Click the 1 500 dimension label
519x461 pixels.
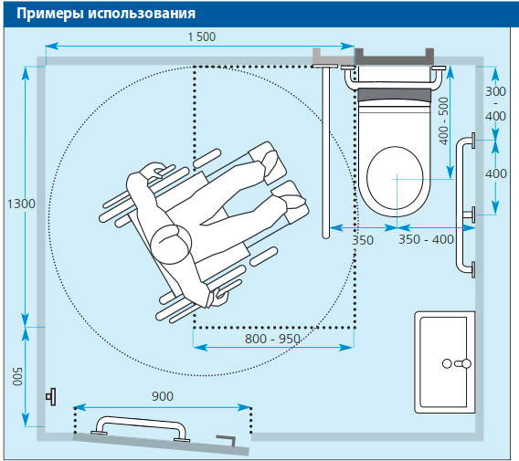point(202,37)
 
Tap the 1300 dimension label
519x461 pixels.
point(21,204)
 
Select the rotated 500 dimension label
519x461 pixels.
point(17,376)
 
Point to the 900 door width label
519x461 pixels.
point(163,396)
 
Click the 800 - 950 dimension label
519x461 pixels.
point(272,339)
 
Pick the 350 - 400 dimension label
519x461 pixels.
point(426,239)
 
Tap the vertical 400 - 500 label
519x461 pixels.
point(444,120)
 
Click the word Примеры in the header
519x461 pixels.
point(50,14)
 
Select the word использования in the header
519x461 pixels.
point(142,13)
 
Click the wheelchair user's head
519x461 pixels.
point(171,244)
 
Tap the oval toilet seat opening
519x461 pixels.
point(396,178)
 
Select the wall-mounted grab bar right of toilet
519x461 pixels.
point(461,205)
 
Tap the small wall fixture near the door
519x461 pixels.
point(51,396)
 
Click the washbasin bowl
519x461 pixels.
point(443,361)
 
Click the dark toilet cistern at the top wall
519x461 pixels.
point(394,57)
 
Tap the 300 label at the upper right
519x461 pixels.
point(495,91)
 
